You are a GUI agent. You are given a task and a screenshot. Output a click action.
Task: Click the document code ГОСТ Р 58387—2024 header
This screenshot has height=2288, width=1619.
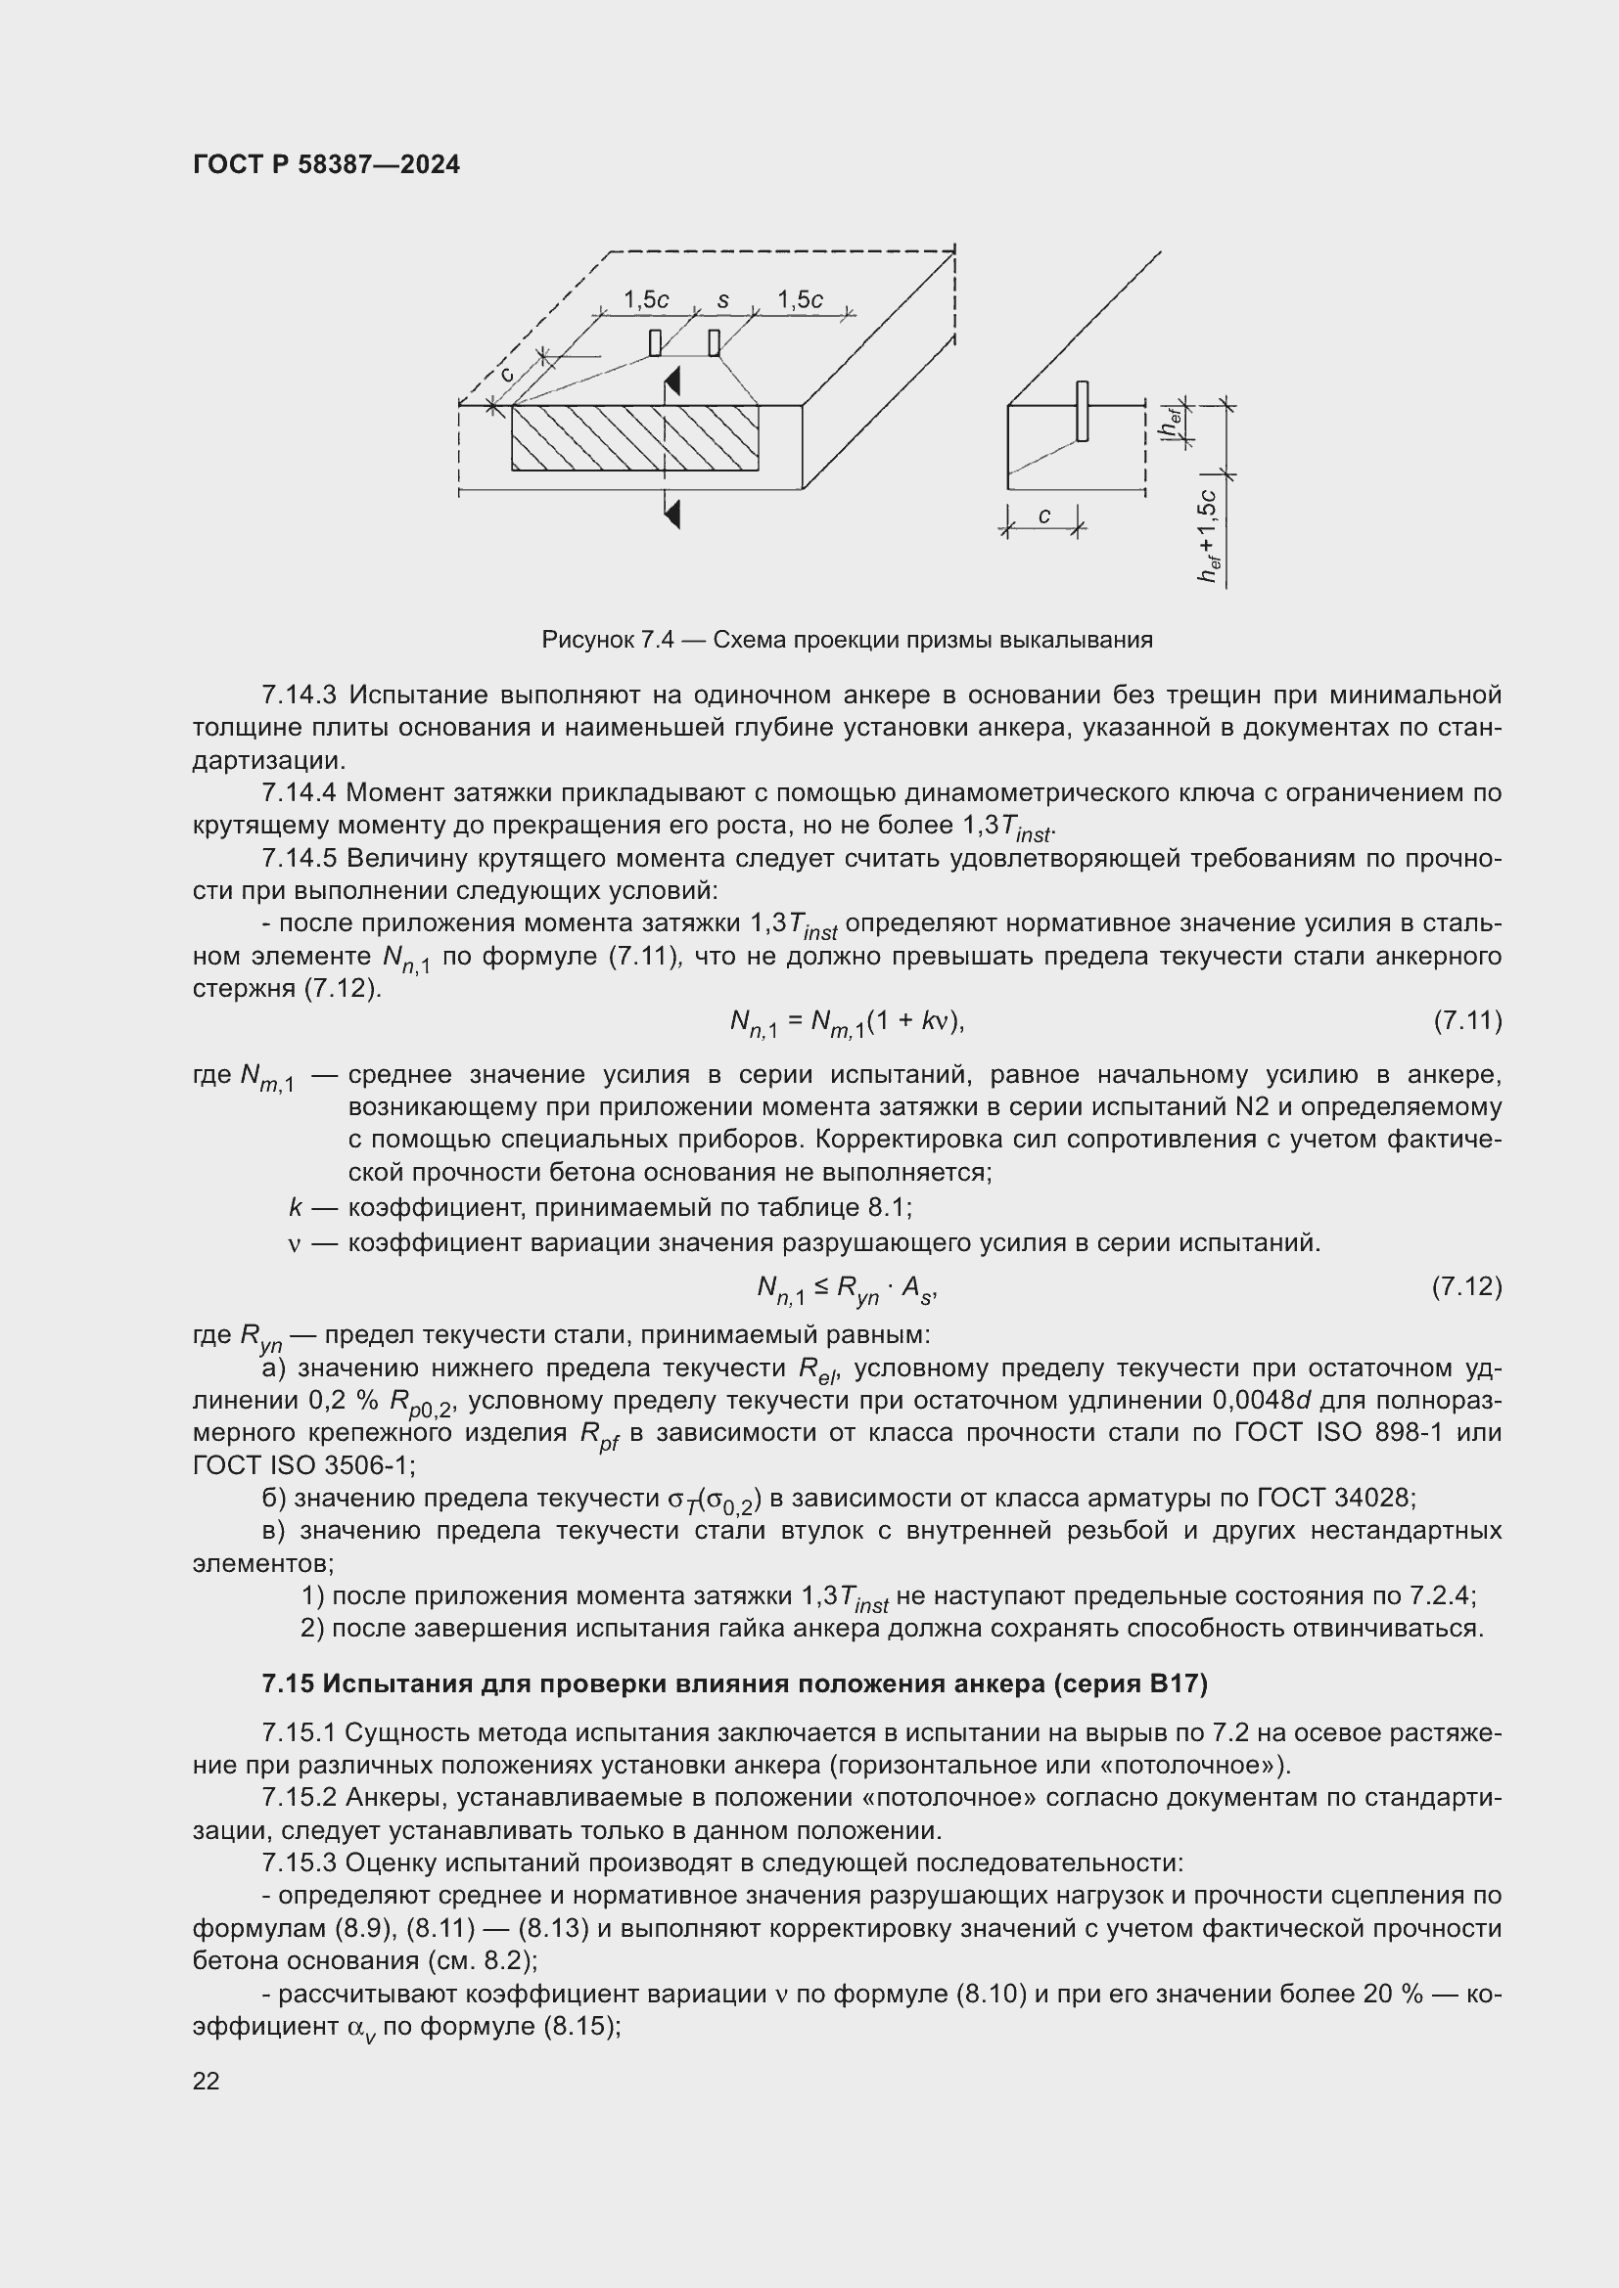point(326,165)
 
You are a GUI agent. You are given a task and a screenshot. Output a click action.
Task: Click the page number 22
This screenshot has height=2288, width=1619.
point(207,2081)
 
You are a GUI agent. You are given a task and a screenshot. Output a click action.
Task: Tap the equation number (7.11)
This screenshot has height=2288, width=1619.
point(1466,1020)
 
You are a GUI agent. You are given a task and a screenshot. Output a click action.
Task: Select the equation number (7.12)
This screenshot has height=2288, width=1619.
point(1466,1287)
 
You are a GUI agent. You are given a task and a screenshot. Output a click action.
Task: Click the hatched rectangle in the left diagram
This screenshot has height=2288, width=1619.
point(634,437)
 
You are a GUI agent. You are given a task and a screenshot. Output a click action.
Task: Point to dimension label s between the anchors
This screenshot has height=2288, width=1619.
point(722,300)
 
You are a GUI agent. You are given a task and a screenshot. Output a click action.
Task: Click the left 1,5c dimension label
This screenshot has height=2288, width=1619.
point(646,300)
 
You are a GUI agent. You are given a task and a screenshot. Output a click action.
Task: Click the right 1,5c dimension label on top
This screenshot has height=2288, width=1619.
point(800,300)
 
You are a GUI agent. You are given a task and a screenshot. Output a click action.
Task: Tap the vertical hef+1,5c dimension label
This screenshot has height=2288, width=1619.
point(1209,536)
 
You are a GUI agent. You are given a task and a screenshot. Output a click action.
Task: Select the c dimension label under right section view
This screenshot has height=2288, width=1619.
point(1043,516)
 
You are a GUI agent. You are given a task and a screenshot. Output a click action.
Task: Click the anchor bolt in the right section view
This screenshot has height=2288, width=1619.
point(1082,411)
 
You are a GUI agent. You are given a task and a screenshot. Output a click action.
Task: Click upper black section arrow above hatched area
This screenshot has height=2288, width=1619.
point(672,381)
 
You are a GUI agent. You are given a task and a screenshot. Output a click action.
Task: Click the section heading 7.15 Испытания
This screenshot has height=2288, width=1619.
point(734,1684)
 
